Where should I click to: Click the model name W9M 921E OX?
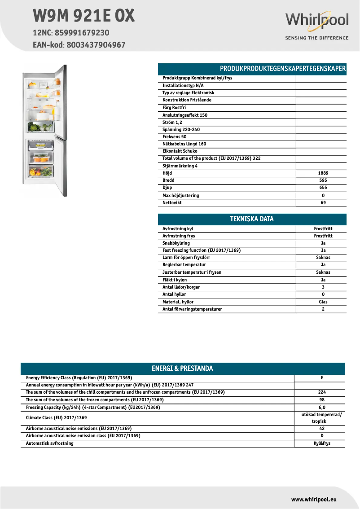(x=83, y=16)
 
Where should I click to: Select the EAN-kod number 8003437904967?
(x=96, y=45)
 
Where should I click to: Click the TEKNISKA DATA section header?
(x=252, y=219)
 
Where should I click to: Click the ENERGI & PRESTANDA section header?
(x=182, y=369)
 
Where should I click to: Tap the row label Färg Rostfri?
(x=174, y=108)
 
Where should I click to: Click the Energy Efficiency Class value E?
(x=322, y=378)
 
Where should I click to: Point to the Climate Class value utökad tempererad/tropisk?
(x=321, y=418)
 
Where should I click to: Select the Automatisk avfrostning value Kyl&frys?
(x=322, y=443)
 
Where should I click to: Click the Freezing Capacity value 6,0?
(x=322, y=408)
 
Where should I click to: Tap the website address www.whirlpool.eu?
(x=314, y=499)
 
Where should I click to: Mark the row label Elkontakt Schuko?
(x=180, y=151)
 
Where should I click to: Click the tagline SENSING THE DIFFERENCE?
(x=316, y=38)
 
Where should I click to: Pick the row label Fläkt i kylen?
(x=175, y=280)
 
